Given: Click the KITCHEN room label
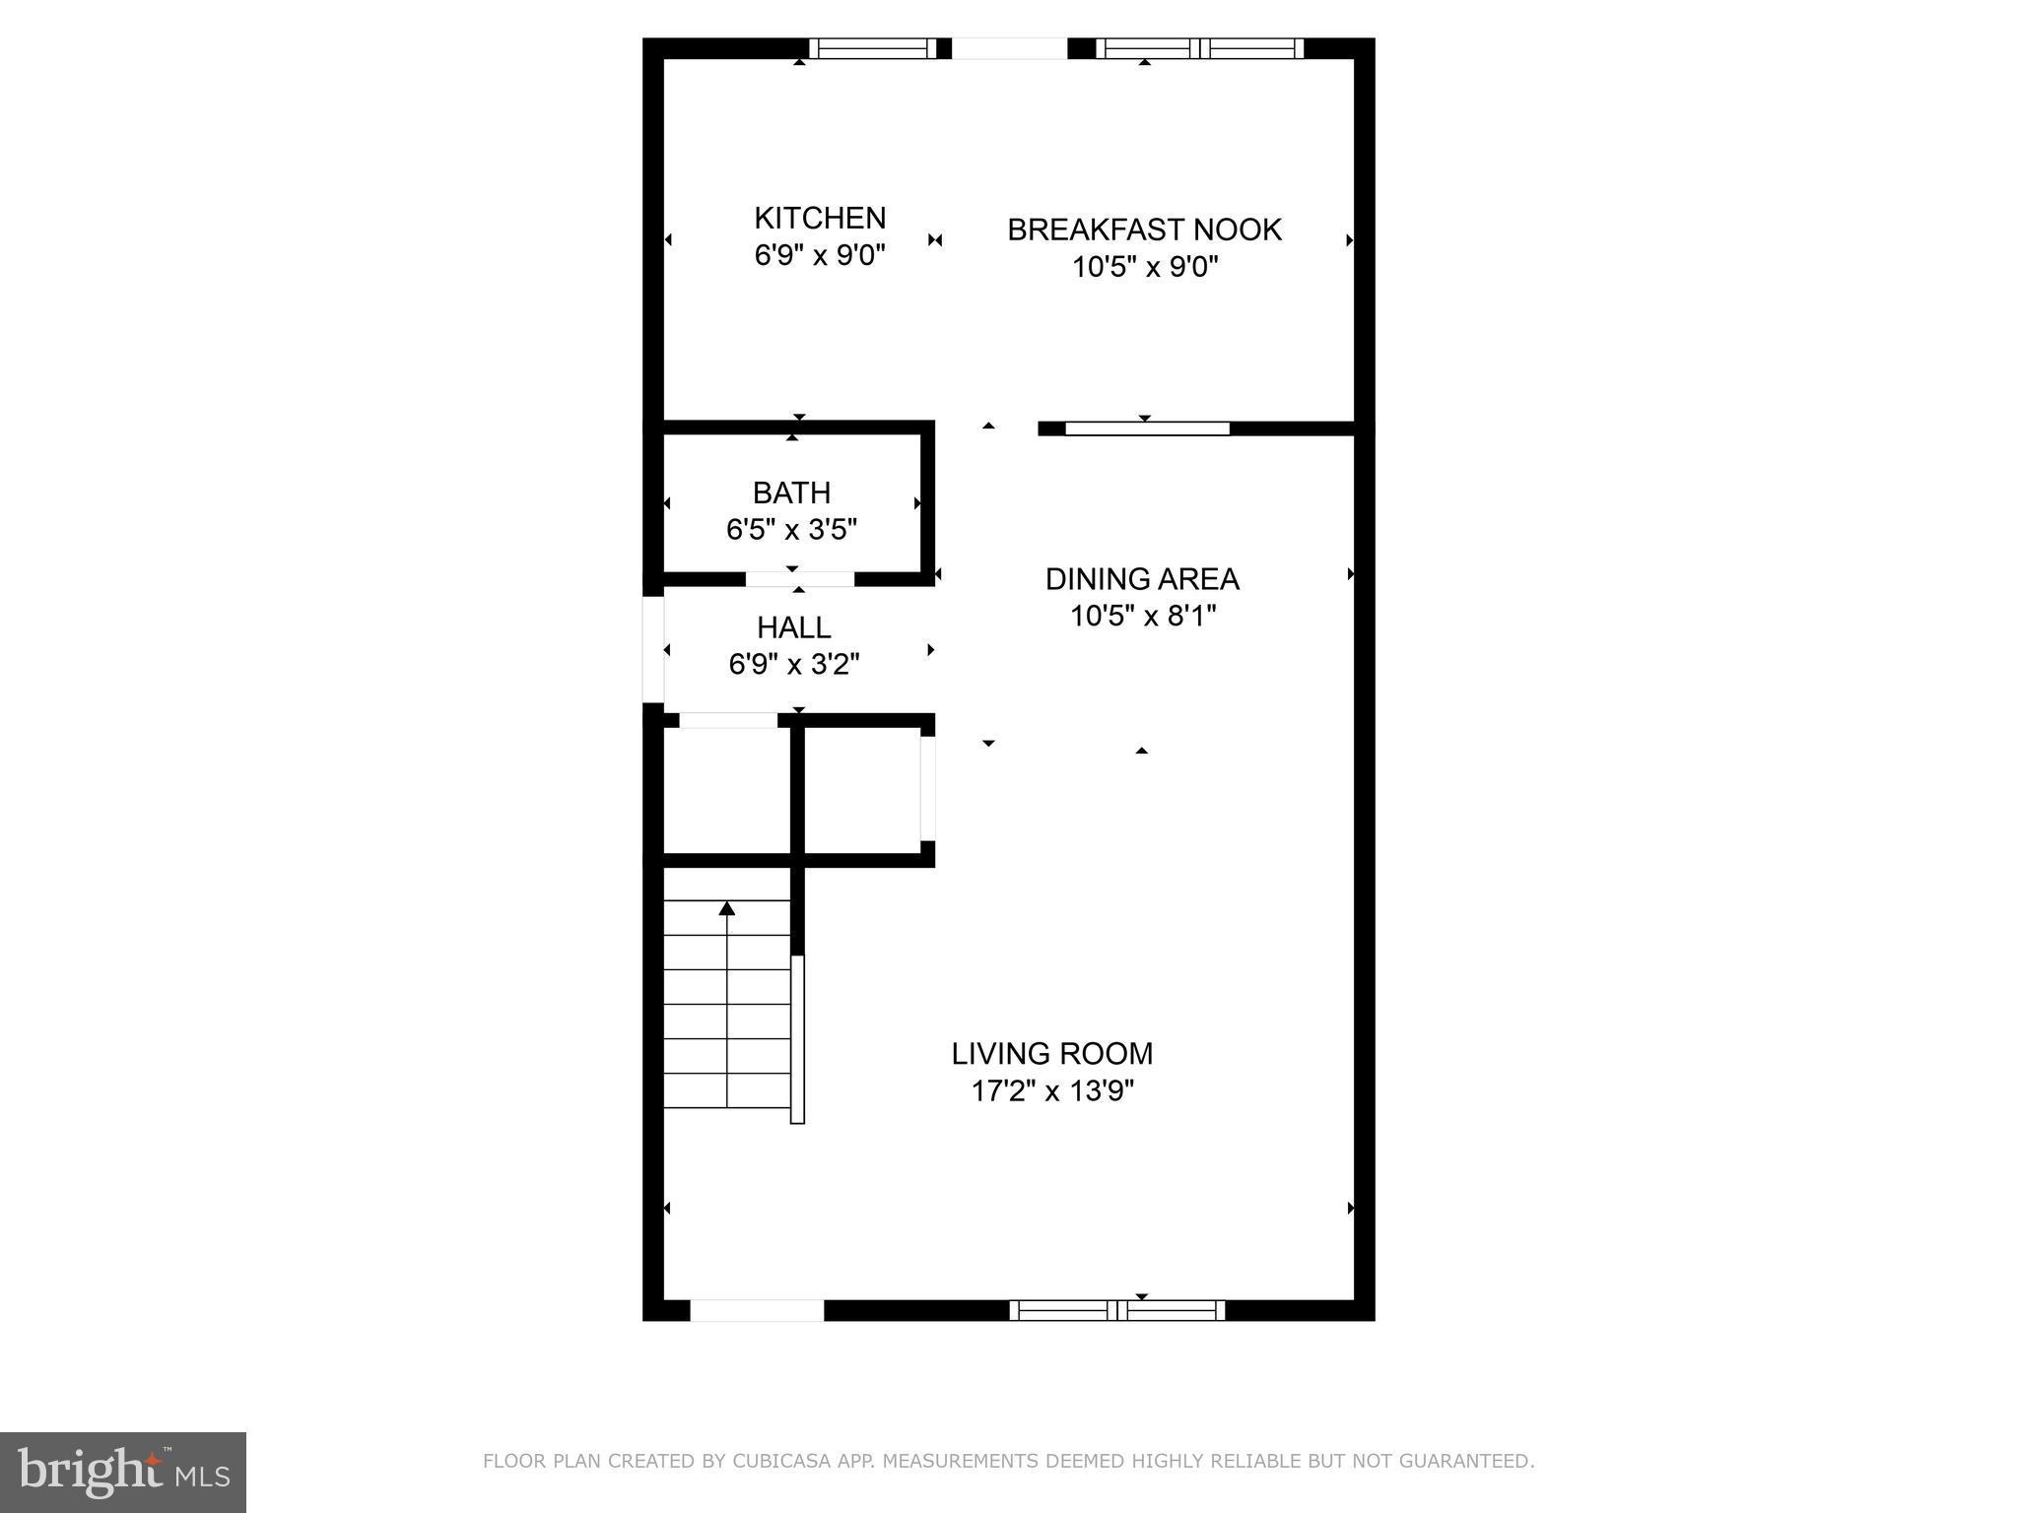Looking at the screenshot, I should pos(820,218).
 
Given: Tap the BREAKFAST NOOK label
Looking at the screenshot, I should pos(1144,230).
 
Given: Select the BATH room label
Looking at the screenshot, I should pos(791,493).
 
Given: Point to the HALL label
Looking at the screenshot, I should pos(793,627).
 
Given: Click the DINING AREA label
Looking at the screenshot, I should pos(1142,579).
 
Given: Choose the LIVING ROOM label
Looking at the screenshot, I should pos(1051,1054).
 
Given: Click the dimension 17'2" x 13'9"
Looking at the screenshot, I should pos(1052,1091).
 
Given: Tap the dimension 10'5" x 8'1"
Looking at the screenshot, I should pos(1143,617).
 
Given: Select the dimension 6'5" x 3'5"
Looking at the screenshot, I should pos(791,530).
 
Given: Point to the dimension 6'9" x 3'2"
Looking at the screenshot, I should pos(793,665).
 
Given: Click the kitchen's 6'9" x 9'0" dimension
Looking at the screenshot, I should pos(820,255).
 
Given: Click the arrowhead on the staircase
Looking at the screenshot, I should pos(727,908).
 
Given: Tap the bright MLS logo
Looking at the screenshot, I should pos(123,1473).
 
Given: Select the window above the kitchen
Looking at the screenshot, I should pos(873,48).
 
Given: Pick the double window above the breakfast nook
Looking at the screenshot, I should pos(1199,48).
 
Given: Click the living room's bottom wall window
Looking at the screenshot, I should pos(1117,1310).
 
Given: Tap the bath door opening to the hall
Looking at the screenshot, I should pos(799,579).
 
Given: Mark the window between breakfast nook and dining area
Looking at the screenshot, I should pos(1147,428).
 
